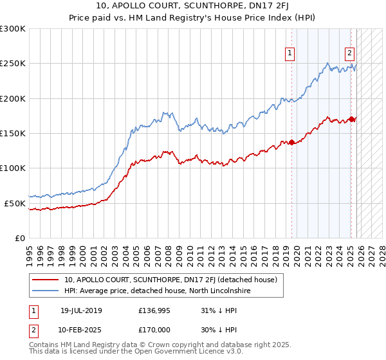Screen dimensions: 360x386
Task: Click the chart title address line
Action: click(x=193, y=7)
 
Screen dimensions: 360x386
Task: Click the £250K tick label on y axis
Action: click(x=13, y=64)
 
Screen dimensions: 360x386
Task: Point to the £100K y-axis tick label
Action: click(x=13, y=168)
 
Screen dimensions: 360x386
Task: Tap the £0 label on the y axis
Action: click(x=19, y=238)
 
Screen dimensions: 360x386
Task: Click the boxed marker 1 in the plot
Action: click(x=290, y=54)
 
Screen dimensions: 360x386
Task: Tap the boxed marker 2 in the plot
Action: click(x=349, y=54)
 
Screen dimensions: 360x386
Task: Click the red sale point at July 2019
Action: click(x=291, y=142)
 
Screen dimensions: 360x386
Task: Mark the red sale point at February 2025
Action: click(x=351, y=119)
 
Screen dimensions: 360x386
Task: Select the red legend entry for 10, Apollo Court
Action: click(x=170, y=280)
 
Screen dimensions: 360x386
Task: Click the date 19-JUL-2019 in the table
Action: click(x=81, y=310)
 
